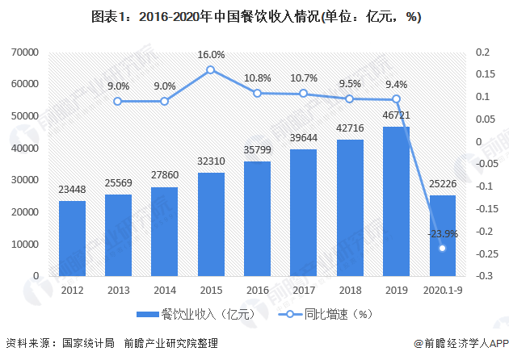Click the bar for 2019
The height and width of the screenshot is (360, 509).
tap(396, 202)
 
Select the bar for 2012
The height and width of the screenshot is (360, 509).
tap(72, 239)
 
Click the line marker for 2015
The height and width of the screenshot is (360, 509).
tap(210, 70)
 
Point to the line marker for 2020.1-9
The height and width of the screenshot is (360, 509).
tap(442, 248)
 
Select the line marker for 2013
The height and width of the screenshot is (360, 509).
tap(118, 102)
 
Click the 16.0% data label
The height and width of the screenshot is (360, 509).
tap(210, 55)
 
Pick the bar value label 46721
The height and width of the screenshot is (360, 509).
tap(396, 116)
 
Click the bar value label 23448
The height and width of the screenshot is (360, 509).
tap(72, 190)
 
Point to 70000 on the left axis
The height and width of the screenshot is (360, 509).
tap(25, 52)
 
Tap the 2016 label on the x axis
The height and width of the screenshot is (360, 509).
tap(256, 290)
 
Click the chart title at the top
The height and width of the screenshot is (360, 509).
tap(254, 17)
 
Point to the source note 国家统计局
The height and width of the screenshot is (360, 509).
tap(87, 343)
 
